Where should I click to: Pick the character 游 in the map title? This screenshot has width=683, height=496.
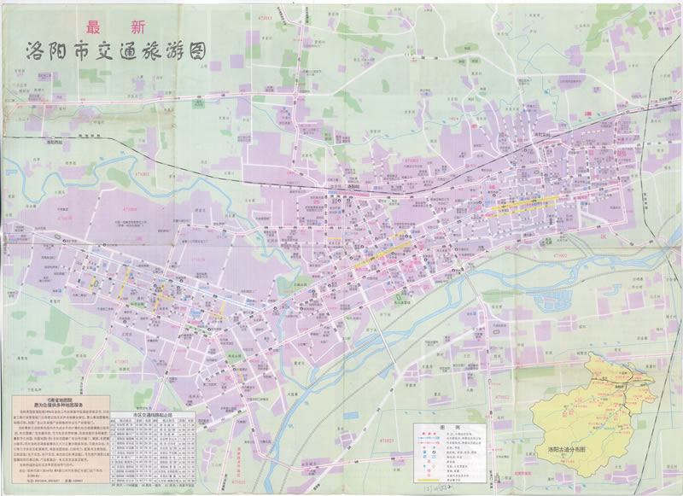(167, 52)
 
